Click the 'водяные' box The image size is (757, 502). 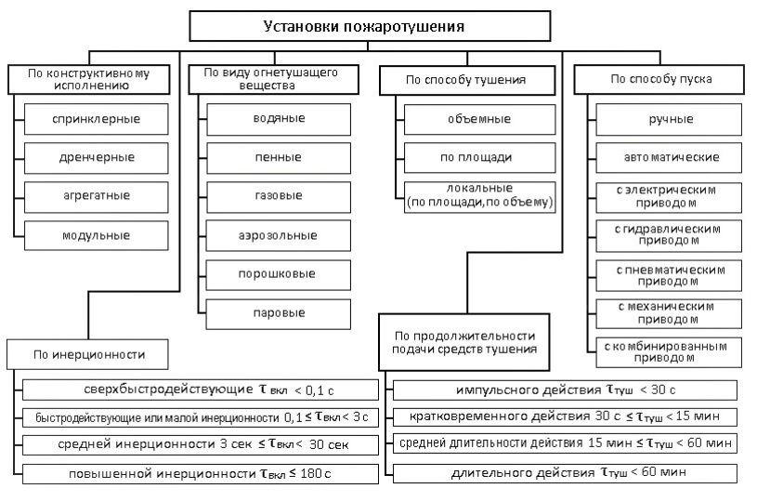[279, 118]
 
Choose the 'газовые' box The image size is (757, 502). [279, 196]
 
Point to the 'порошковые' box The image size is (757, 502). [279, 274]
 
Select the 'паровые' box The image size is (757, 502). [279, 313]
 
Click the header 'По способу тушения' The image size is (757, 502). [466, 80]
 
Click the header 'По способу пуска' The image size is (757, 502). [661, 80]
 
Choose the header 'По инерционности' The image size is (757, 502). [89, 354]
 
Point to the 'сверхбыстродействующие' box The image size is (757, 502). [200, 389]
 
